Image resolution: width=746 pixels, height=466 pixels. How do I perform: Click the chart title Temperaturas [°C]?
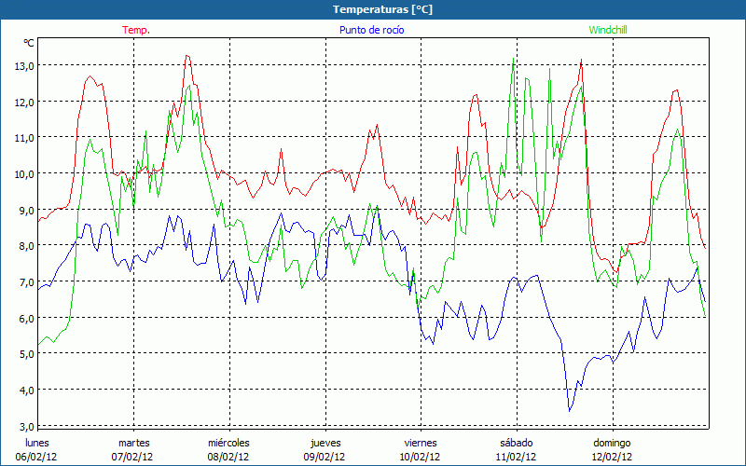tap(382, 9)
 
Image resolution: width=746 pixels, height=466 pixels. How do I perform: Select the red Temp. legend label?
tap(136, 30)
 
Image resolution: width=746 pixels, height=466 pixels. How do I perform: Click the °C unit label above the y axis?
tap(29, 43)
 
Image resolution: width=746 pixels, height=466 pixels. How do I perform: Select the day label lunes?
tap(37, 443)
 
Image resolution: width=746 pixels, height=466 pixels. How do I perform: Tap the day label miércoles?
tap(228, 443)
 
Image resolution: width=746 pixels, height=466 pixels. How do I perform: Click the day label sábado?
tap(517, 443)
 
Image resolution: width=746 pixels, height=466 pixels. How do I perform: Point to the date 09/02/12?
tap(325, 457)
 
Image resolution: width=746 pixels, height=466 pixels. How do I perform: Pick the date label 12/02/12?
tap(613, 457)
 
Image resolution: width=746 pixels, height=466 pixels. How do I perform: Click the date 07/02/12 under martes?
tap(133, 457)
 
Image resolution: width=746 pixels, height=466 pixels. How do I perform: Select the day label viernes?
tap(421, 443)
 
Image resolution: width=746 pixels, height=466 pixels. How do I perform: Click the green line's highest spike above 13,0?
tap(514, 58)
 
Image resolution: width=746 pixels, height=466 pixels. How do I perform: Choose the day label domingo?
tap(613, 443)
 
